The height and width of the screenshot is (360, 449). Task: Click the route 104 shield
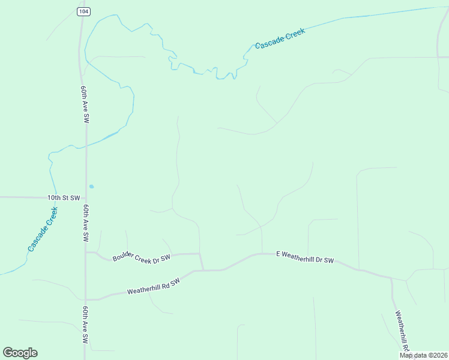82,11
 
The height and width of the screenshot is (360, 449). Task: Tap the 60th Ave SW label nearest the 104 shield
85,104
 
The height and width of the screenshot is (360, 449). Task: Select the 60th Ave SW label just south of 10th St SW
86,223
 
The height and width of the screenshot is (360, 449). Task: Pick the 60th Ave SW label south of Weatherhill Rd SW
86,325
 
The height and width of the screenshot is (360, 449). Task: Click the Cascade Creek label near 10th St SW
42,229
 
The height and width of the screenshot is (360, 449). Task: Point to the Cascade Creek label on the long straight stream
280,38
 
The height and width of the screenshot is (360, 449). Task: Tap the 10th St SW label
64,197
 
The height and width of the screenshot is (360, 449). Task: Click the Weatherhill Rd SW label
153,287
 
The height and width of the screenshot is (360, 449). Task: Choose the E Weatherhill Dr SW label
304,257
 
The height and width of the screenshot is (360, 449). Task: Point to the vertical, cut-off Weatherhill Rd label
402,331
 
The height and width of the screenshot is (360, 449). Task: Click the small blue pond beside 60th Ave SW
91,186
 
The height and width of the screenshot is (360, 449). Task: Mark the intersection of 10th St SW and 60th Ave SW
86,197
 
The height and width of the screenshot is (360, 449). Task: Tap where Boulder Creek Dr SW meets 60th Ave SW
86,253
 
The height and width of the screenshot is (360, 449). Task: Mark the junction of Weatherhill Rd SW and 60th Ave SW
86,299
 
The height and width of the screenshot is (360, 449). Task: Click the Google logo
20,353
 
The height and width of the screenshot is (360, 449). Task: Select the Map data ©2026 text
423,355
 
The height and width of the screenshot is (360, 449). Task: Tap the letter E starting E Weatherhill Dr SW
278,254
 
